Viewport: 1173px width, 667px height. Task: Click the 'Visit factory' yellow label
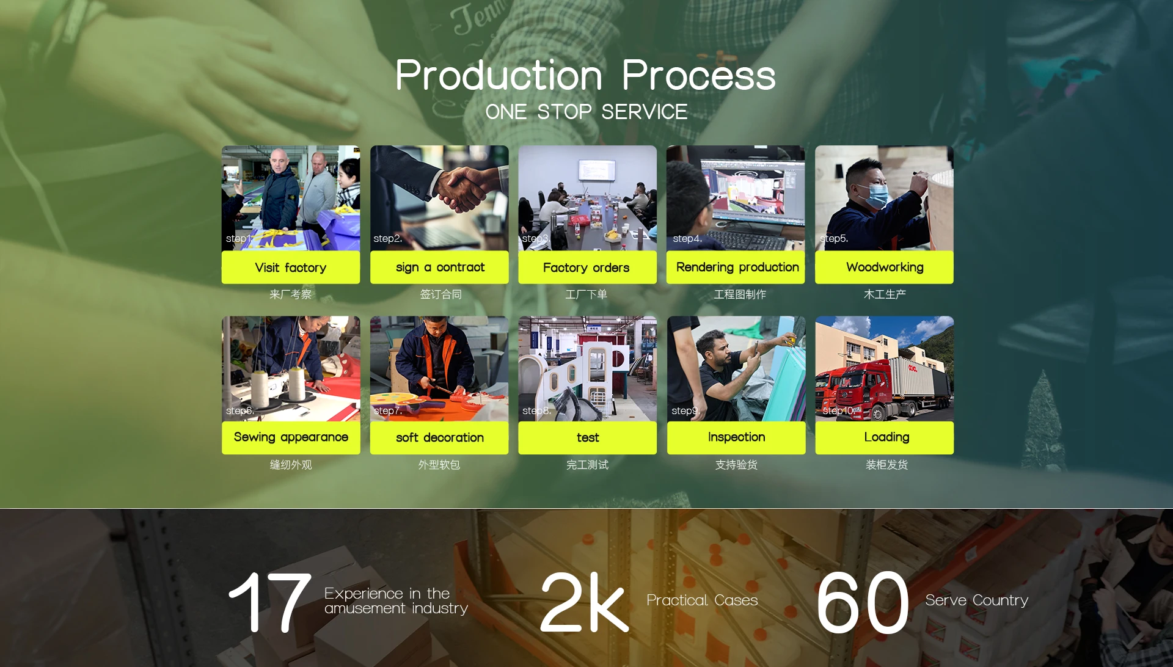[x=291, y=268]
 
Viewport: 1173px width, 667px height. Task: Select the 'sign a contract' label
[x=439, y=268]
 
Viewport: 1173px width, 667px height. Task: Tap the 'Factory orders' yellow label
[x=587, y=268]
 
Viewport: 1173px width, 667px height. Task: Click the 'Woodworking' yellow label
[x=884, y=268]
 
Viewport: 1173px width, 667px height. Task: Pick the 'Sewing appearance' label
[x=291, y=437]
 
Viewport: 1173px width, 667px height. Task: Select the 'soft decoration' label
[x=439, y=437]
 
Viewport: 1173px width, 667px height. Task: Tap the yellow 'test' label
[x=587, y=437]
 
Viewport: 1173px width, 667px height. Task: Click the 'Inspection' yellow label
[x=736, y=437]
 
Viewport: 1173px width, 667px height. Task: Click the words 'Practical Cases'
[x=702, y=600]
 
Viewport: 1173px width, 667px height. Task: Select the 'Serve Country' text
[x=976, y=600]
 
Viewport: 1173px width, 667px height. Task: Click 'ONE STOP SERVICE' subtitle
[x=586, y=112]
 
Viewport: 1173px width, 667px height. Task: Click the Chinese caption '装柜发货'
[x=886, y=465]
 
